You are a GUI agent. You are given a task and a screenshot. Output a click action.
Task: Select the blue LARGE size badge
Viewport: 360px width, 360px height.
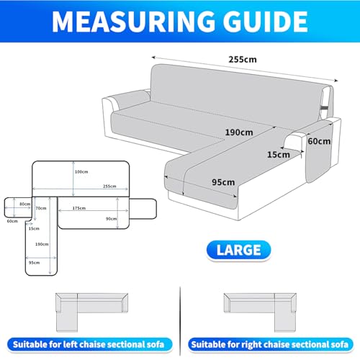point(238,250)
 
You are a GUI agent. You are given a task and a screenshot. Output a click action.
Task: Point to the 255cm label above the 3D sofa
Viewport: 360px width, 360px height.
point(243,59)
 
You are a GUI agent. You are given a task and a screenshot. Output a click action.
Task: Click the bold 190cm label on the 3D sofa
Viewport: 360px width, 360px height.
point(239,132)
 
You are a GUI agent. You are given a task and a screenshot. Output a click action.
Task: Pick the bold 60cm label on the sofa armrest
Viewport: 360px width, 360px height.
point(319,141)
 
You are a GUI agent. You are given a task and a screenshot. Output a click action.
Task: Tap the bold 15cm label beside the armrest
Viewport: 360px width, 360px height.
point(279,155)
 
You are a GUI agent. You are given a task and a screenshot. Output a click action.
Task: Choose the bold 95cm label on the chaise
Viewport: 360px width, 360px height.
point(223,182)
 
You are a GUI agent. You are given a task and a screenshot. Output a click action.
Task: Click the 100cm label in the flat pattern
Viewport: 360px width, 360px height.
point(81,172)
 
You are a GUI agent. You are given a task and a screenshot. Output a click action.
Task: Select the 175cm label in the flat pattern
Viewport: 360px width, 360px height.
point(79,208)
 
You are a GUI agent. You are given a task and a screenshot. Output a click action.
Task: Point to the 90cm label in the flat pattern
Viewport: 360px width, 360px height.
point(112,219)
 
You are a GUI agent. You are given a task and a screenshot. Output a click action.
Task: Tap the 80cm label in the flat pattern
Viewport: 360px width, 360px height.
point(25,204)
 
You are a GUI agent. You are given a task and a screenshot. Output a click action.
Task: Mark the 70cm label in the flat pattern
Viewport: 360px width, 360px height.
point(41,208)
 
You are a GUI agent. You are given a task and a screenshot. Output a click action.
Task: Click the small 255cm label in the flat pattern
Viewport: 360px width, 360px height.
point(109,186)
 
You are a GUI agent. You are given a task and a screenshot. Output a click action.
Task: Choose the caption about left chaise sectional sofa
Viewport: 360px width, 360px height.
point(89,345)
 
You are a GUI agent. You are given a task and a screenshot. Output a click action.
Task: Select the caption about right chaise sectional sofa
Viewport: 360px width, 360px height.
point(270,345)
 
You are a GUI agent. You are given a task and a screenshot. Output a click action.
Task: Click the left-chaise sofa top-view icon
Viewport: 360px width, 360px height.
point(91,312)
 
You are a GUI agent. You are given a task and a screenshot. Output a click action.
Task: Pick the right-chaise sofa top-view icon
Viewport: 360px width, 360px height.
point(260,312)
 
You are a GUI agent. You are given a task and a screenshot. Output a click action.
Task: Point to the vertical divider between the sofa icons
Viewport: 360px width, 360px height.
point(180,321)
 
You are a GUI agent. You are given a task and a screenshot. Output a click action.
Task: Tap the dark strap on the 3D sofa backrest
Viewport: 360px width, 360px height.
point(325,107)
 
